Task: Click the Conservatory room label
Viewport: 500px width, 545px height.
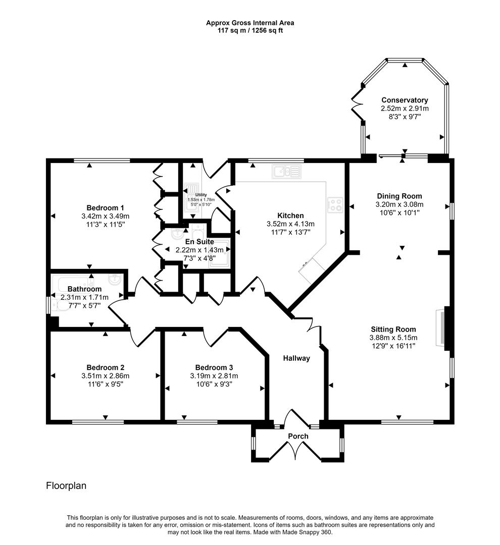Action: tap(405, 100)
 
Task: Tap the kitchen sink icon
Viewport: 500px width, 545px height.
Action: tap(287, 172)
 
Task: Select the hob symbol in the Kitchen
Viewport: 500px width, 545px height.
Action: tap(335, 205)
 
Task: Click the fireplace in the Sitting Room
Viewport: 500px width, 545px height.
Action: tap(441, 329)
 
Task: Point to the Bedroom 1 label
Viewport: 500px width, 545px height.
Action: tap(105, 208)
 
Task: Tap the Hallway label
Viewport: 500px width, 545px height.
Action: tap(296, 358)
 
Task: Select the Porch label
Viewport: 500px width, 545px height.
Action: tap(298, 436)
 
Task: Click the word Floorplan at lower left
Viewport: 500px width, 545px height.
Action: tap(66, 485)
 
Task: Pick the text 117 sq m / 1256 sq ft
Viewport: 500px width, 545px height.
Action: tap(250, 31)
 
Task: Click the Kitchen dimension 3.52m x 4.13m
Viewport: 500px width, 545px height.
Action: tap(290, 224)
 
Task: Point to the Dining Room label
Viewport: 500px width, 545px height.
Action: tap(399, 196)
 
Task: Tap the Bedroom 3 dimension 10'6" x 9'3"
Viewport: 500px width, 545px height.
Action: tap(214, 384)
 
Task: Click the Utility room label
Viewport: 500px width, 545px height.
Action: tap(201, 195)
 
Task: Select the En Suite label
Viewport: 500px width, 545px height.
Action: tap(199, 242)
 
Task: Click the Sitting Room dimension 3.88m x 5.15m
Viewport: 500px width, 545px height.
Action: tap(393, 338)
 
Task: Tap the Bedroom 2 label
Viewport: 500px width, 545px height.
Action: tap(106, 367)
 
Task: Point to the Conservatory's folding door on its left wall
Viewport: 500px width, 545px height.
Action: tap(357, 103)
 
